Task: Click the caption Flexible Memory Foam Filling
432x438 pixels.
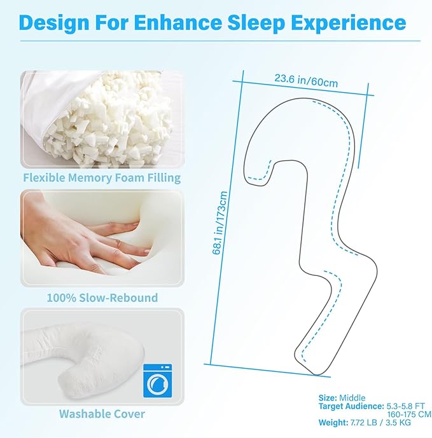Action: (102, 177)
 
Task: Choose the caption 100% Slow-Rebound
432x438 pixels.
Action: (102, 297)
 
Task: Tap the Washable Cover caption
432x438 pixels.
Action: (102, 414)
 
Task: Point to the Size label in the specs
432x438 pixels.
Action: (328, 398)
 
